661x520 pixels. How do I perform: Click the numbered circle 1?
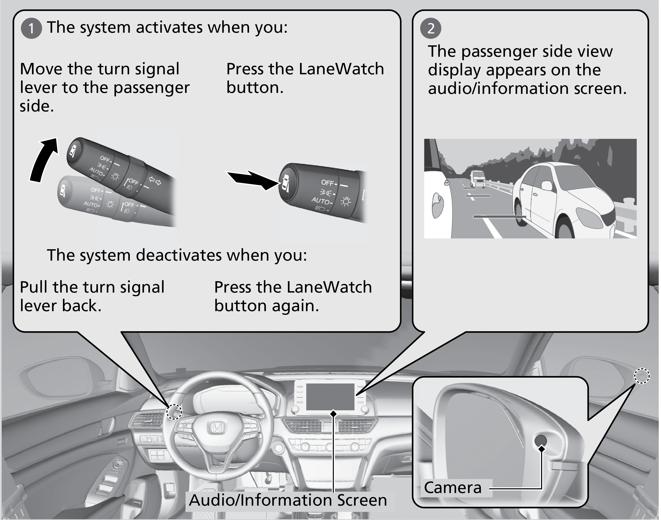(31, 28)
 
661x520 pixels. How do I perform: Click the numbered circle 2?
(431, 28)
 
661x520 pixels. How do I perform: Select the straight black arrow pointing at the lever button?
(253, 180)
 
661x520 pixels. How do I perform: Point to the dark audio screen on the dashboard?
(330, 396)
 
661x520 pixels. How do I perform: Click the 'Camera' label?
(452, 488)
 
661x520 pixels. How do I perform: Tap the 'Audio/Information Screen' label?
(288, 500)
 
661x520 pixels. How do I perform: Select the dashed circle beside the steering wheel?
(174, 412)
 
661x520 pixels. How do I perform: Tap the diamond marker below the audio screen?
(333, 414)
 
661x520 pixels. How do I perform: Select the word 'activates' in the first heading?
(169, 27)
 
